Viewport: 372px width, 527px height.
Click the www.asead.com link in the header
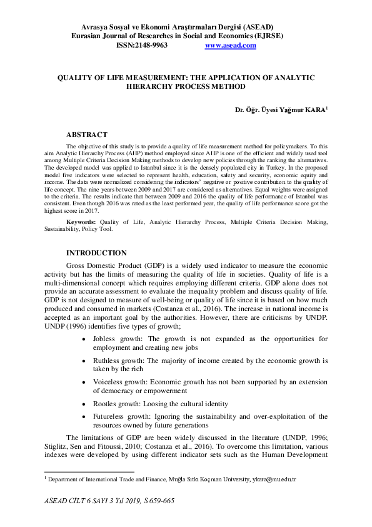230,46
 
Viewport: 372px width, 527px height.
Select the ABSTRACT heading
87,135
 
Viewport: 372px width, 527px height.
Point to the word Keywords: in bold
81,222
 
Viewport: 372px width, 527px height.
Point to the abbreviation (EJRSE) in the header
266,36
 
